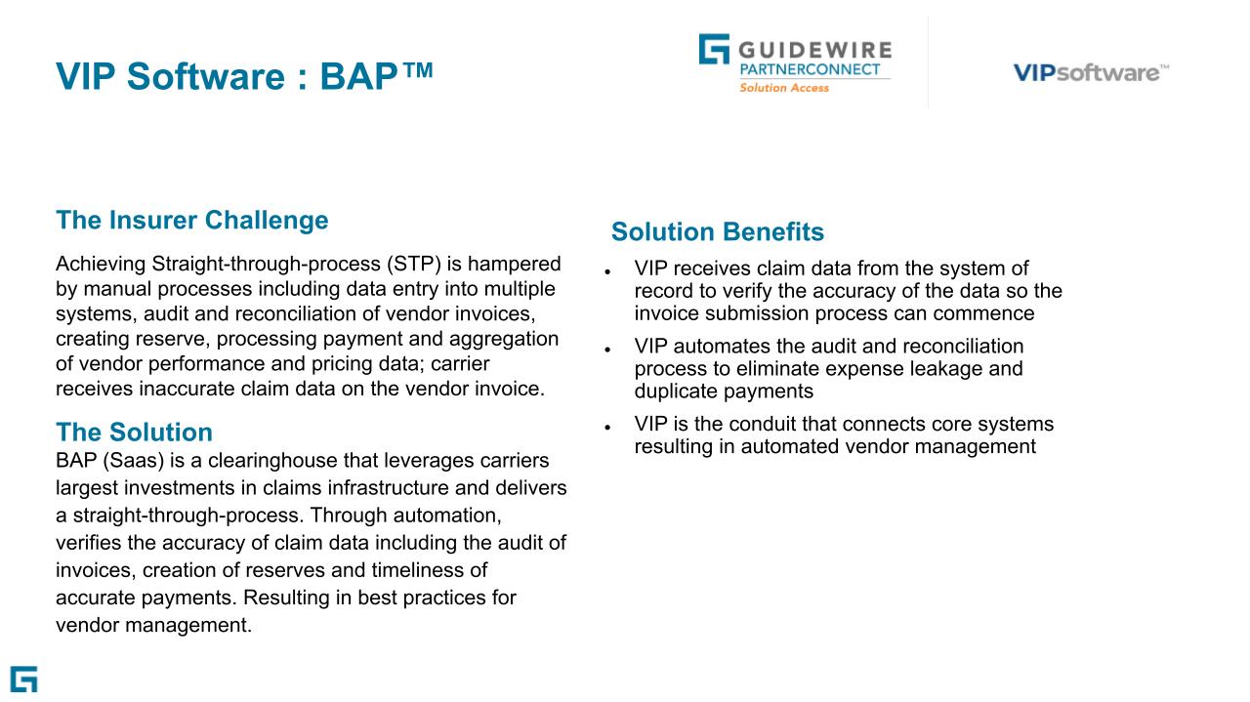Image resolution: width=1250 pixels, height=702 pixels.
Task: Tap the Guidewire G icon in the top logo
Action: pyautogui.click(x=713, y=50)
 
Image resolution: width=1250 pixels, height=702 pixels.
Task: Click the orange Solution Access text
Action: pyautogui.click(x=783, y=88)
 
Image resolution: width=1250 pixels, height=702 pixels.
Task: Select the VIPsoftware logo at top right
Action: pyautogui.click(x=1090, y=72)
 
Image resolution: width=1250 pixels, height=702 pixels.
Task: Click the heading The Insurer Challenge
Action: pyautogui.click(x=192, y=220)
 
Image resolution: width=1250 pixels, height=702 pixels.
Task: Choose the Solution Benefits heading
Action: pyautogui.click(x=718, y=232)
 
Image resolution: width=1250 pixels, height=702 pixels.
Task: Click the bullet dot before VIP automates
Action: pyautogui.click(x=607, y=349)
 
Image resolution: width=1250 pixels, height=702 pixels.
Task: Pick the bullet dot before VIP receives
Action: pyautogui.click(x=607, y=270)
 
